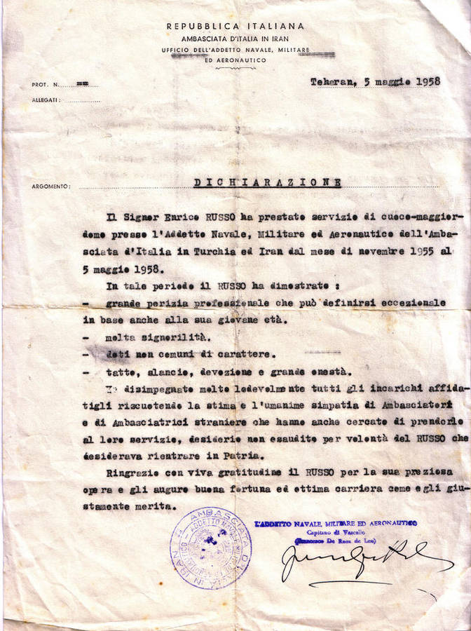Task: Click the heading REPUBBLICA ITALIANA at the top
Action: tap(235, 26)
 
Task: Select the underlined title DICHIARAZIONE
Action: tap(267, 183)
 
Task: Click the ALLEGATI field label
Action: tap(46, 100)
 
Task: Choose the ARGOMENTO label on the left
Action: tap(51, 186)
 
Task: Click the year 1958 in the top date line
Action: tap(423, 81)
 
